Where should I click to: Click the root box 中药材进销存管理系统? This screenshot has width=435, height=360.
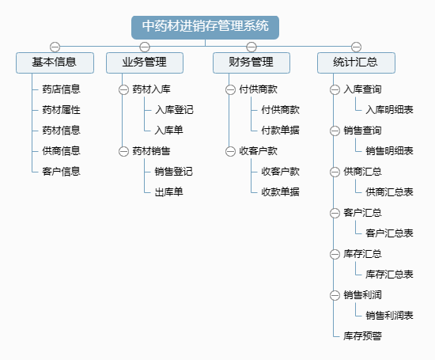tap(205, 28)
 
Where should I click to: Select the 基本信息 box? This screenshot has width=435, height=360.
tap(55, 63)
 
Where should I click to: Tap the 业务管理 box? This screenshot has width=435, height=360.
tap(145, 63)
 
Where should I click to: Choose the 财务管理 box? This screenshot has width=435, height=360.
tap(252, 63)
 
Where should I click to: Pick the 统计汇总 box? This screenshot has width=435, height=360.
tap(356, 63)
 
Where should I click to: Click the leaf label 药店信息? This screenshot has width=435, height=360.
tap(62, 89)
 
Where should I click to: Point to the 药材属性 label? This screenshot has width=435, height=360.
tap(62, 110)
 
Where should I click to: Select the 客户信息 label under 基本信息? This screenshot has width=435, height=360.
tap(62, 172)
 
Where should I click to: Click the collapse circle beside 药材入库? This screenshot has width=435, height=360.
tap(123, 89)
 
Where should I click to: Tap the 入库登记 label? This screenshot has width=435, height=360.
tap(174, 110)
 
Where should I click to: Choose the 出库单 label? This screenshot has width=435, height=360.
tap(169, 192)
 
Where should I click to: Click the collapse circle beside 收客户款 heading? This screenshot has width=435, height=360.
tap(230, 151)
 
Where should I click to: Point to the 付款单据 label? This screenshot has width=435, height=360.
tap(281, 131)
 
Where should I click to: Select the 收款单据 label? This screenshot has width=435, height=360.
tap(281, 192)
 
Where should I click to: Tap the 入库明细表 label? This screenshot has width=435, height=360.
tap(389, 110)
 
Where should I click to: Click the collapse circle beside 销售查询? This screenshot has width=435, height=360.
tap(335, 131)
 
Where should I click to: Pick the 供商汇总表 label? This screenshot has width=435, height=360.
tap(389, 192)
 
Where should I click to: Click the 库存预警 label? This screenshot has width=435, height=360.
tap(362, 336)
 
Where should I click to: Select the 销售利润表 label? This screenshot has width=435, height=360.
tap(389, 316)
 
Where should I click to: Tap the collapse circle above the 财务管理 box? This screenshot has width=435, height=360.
tap(252, 47)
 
